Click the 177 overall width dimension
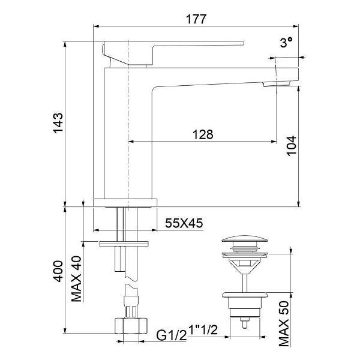pos(196,18)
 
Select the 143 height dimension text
pos(58,124)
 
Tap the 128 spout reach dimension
pos(202,134)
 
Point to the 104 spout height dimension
pos(291,146)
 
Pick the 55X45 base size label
pos(184,223)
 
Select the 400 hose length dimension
pos(58,275)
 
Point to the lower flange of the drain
pos(244,295)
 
